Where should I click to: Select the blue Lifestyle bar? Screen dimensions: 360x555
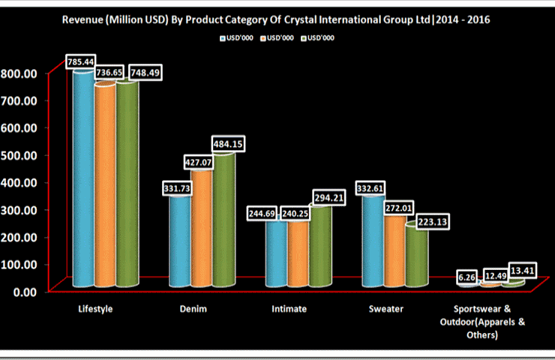point(83,180)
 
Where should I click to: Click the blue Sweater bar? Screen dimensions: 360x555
point(373,240)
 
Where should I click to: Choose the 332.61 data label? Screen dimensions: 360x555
point(373,187)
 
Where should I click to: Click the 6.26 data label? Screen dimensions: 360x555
point(468,277)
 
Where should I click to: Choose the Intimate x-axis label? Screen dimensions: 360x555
point(289,308)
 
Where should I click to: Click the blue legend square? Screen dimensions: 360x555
point(223,37)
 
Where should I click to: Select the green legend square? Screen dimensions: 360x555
point(302,37)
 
